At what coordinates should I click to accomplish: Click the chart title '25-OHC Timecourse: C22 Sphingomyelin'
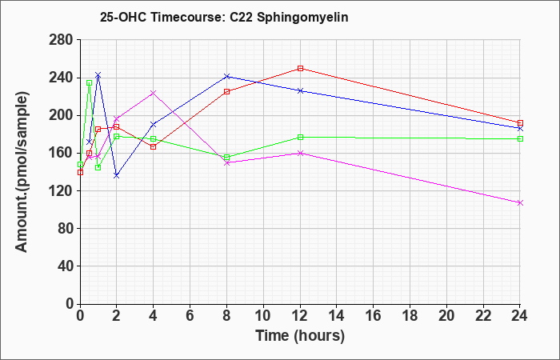pyautogui.click(x=224, y=17)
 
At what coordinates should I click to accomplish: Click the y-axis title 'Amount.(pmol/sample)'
pyautogui.click(x=22, y=172)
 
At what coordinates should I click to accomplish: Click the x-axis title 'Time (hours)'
pyautogui.click(x=300, y=336)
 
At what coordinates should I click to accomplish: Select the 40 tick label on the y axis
pyautogui.click(x=65, y=266)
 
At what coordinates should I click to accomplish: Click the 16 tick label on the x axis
pyautogui.click(x=374, y=315)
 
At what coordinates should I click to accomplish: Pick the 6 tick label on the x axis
pyautogui.click(x=190, y=315)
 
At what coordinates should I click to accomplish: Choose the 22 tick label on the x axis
pyautogui.click(x=483, y=315)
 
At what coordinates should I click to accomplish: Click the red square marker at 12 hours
pyautogui.click(x=300, y=68)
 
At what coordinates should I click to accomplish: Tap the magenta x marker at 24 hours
pyautogui.click(x=520, y=203)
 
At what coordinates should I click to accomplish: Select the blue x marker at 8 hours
pyautogui.click(x=226, y=76)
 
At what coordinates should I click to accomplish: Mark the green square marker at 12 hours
pyautogui.click(x=300, y=137)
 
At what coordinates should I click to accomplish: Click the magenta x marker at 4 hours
pyautogui.click(x=154, y=94)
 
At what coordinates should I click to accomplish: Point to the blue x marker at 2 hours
pyautogui.click(x=117, y=176)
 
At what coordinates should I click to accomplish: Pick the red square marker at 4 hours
pyautogui.click(x=154, y=146)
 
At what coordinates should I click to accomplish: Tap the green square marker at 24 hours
pyautogui.click(x=520, y=138)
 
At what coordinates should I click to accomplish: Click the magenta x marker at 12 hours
pyautogui.click(x=300, y=154)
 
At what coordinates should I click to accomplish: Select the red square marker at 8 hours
pyautogui.click(x=226, y=91)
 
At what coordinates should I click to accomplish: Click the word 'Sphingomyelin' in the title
pyautogui.click(x=302, y=18)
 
